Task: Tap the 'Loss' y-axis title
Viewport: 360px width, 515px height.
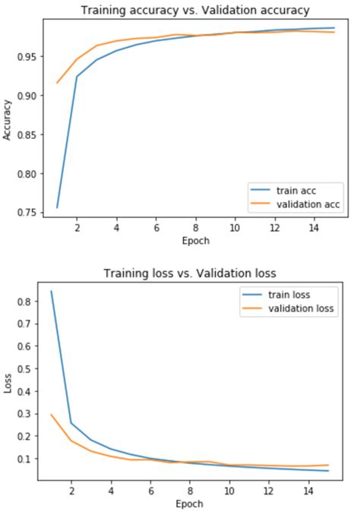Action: click(8, 384)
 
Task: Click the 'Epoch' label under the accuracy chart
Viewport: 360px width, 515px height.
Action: click(195, 241)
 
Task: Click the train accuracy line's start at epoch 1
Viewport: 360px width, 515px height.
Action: click(57, 207)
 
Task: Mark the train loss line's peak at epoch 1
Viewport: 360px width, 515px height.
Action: click(51, 292)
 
